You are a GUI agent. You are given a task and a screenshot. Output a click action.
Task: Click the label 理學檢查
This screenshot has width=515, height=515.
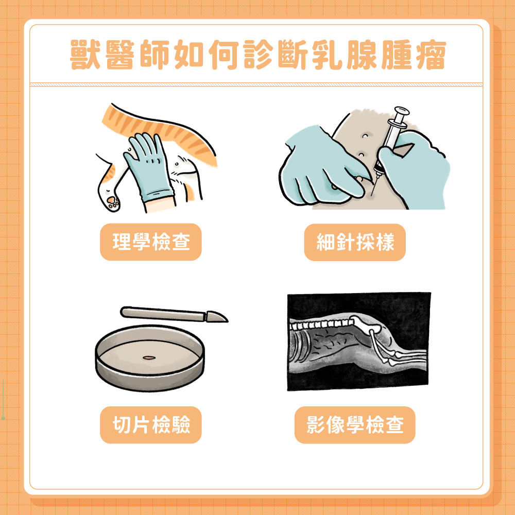[150, 242]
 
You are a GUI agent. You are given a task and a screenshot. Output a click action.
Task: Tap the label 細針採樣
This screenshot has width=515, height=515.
[355, 242]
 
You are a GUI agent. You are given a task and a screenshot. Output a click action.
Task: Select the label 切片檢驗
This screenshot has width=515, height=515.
[150, 425]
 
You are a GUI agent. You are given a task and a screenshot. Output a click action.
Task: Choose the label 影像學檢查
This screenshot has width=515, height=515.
[355, 425]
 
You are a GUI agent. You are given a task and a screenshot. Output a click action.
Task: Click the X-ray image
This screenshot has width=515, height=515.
[358, 341]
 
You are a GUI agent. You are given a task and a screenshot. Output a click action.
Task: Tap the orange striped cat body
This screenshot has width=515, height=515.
[170, 129]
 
